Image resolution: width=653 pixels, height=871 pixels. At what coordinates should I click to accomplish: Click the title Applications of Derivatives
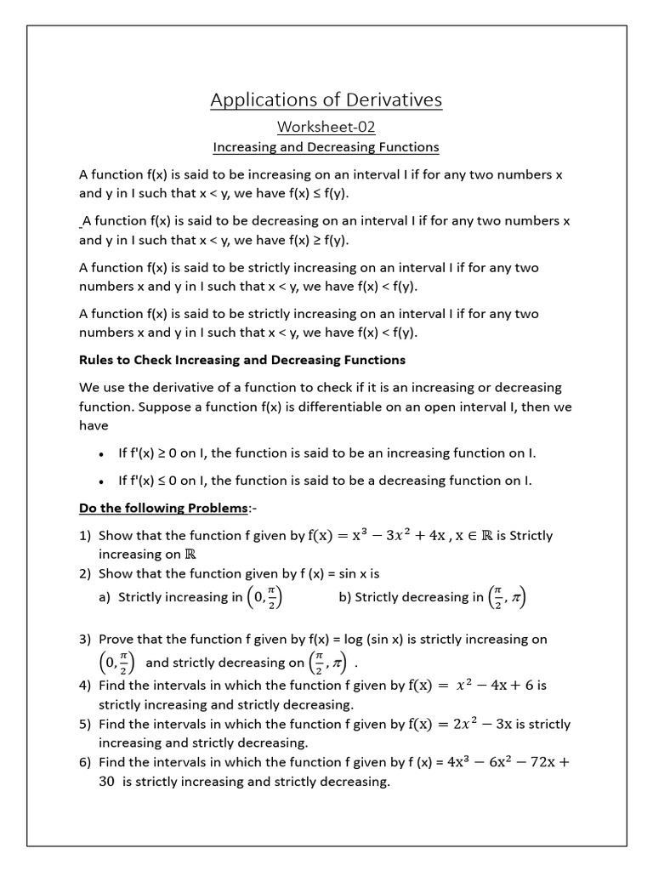(x=326, y=100)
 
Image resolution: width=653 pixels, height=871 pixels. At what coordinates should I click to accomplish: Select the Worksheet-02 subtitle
(x=326, y=127)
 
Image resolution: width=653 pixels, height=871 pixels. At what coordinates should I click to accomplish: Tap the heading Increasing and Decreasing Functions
(x=326, y=147)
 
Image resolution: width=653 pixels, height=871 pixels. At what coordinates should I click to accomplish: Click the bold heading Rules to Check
(x=241, y=360)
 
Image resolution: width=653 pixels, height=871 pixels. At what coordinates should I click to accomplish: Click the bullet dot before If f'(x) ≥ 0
(x=101, y=454)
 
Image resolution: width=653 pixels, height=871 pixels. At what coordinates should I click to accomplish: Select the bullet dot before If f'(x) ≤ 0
(x=101, y=481)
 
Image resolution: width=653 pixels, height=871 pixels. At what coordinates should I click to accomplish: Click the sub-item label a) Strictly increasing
(x=105, y=597)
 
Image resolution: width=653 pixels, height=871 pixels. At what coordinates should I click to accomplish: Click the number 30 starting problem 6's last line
(x=106, y=782)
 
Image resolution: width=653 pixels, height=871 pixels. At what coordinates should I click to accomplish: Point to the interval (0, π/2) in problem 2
(x=264, y=597)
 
